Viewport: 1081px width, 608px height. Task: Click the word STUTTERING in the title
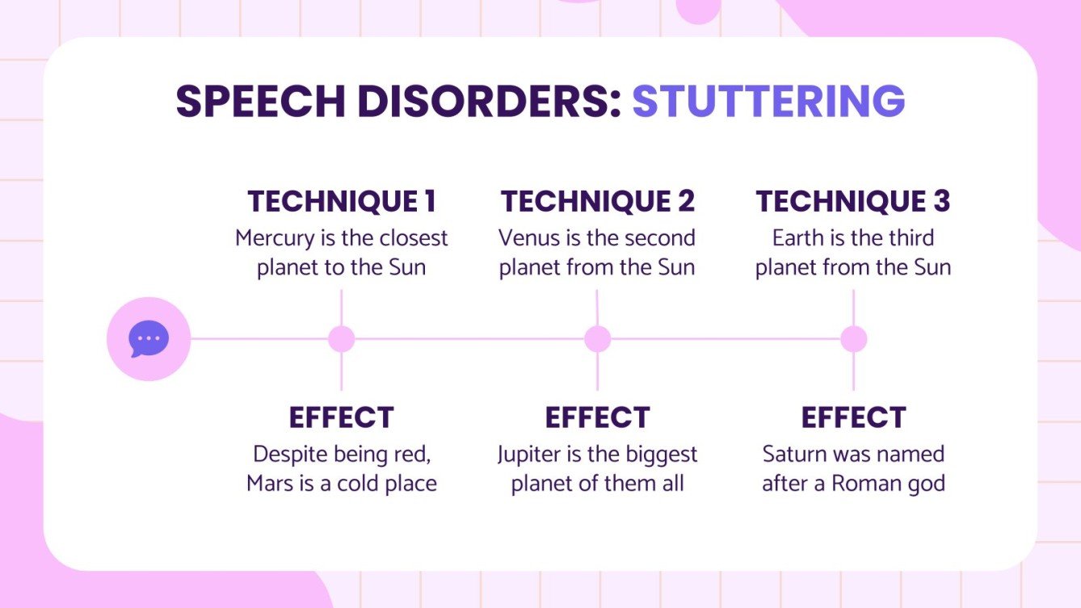768,103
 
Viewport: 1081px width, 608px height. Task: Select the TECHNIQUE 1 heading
341,201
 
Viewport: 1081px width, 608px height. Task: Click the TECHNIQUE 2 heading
597,201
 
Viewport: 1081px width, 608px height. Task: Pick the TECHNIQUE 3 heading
852,201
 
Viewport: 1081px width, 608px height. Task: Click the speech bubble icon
149,339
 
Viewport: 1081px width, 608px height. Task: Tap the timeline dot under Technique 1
341,339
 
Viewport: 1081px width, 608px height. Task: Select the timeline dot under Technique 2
597,339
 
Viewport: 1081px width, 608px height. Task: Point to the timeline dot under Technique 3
853,339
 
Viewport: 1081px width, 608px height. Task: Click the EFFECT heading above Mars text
341,417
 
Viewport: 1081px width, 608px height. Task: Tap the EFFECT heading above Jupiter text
597,417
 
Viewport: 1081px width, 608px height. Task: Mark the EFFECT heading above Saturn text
853,417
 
